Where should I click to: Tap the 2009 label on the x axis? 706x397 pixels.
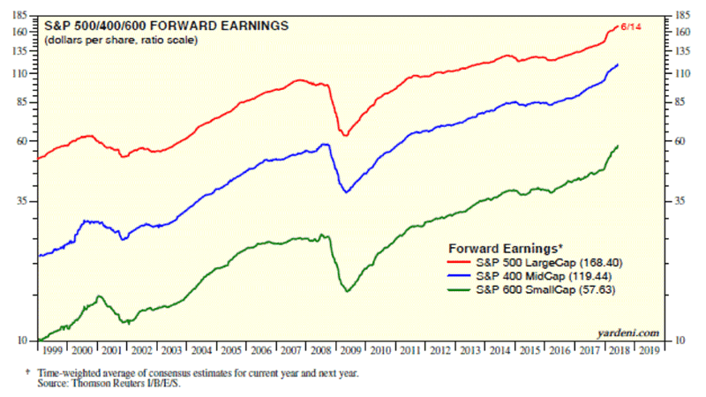point(351,350)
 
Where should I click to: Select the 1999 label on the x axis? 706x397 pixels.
point(53,350)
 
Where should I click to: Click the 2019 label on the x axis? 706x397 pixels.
point(648,350)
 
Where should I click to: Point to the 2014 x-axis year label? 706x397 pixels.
point(499,350)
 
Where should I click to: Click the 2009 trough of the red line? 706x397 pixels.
point(345,135)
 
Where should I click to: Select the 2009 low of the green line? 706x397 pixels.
point(347,291)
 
